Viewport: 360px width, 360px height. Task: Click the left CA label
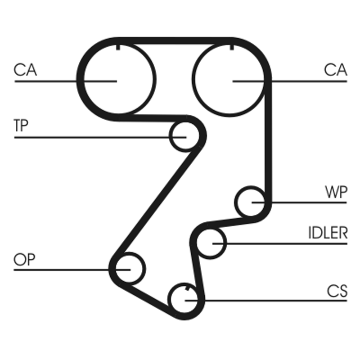click(x=25, y=70)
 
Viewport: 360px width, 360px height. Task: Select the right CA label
click(x=335, y=70)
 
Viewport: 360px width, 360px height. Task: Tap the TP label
click(x=21, y=126)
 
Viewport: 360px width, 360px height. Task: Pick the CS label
click(x=337, y=291)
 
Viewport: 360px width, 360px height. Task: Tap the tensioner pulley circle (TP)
click(x=185, y=135)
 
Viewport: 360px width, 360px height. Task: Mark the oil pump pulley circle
click(x=129, y=269)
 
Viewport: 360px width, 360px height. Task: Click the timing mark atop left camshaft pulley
click(x=117, y=47)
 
